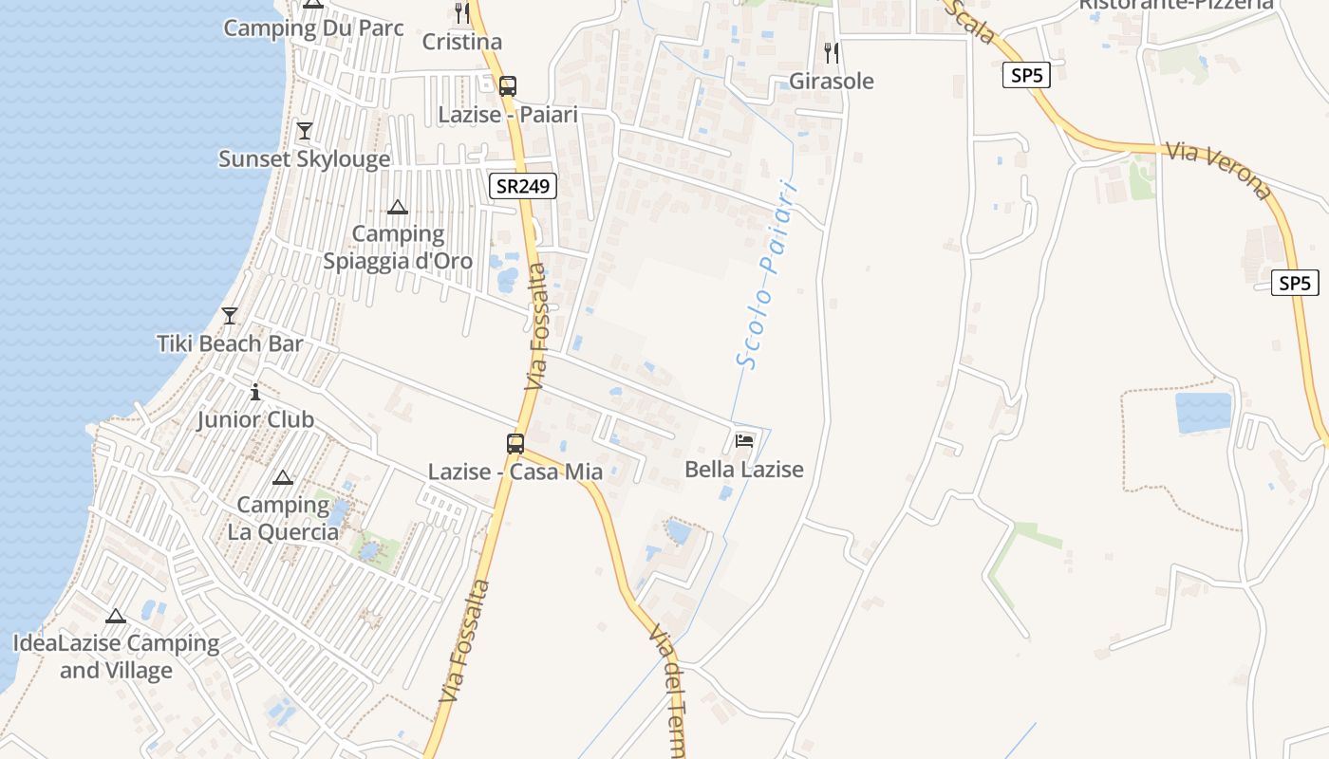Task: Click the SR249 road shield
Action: [x=523, y=186]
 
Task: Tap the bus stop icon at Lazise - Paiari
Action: [x=508, y=85]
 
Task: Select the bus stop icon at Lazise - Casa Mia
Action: [x=515, y=443]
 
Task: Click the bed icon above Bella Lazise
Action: [x=744, y=441]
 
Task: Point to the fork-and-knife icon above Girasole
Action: [x=832, y=53]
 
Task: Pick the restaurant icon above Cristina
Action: [x=462, y=13]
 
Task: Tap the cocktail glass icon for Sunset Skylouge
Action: [x=305, y=131]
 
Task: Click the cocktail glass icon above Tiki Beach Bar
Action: [x=230, y=316]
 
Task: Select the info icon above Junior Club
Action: [x=255, y=391]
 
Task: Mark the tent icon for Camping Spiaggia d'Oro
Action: [x=398, y=207]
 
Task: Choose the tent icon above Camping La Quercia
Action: [x=282, y=477]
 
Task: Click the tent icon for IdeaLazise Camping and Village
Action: [x=116, y=616]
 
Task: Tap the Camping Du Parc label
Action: [x=313, y=28]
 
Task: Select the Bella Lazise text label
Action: [x=744, y=470]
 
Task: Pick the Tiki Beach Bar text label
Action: [x=230, y=343]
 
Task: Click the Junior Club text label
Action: [x=255, y=419]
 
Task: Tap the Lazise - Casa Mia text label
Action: [x=515, y=472]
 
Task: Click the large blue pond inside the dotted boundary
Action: [x=1203, y=413]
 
